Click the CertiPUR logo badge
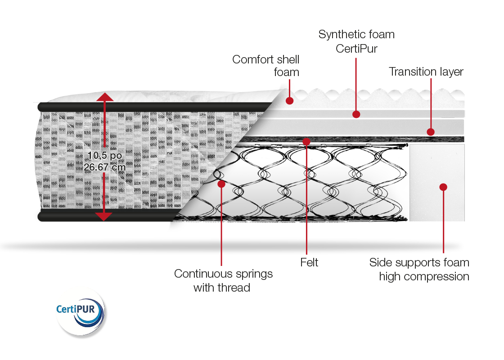(81, 312)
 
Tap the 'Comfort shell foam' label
(266, 66)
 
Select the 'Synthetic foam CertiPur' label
(356, 41)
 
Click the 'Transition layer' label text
(426, 72)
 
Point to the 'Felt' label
(309, 262)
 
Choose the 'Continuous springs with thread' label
(223, 281)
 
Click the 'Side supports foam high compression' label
(419, 270)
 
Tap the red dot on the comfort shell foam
(290, 101)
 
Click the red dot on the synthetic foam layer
(356, 114)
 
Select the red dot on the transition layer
(431, 132)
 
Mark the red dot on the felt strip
(306, 141)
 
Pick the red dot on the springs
(221, 184)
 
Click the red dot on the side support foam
(443, 187)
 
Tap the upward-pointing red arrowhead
(104, 97)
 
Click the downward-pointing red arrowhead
(104, 216)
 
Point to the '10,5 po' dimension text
(105, 156)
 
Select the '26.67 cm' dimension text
(104, 167)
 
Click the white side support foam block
(437, 183)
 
